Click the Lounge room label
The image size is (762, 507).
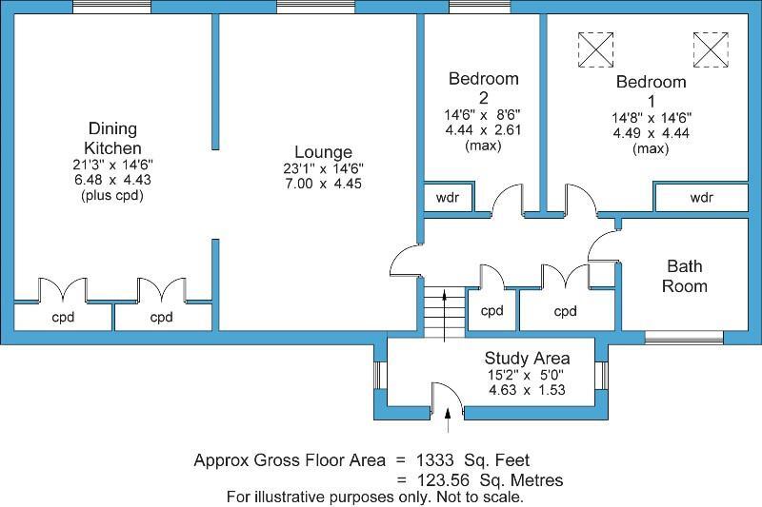click(x=323, y=152)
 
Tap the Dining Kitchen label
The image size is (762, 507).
click(x=112, y=138)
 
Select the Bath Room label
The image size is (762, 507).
click(x=684, y=276)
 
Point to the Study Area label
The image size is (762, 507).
click(x=527, y=359)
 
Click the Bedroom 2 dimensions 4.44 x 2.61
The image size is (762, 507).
click(x=483, y=130)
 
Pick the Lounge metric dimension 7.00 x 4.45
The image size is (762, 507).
click(x=323, y=184)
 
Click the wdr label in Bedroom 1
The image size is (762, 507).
click(x=701, y=198)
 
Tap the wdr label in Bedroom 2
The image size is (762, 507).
click(x=447, y=198)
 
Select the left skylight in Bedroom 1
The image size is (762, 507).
click(x=595, y=49)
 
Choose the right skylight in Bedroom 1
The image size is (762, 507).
click(x=711, y=49)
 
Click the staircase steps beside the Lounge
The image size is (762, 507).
click(x=444, y=311)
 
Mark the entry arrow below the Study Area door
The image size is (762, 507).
click(x=448, y=420)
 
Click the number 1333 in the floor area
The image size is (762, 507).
click(x=435, y=460)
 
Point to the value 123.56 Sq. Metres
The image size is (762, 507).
click(x=490, y=480)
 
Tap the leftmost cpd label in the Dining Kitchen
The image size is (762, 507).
click(x=63, y=318)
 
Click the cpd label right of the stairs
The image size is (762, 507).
click(x=491, y=311)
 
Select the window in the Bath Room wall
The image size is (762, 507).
click(x=684, y=338)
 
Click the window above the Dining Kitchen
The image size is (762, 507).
click(x=111, y=7)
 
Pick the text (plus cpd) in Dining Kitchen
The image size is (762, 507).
click(x=112, y=196)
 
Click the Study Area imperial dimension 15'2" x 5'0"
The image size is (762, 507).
click(x=527, y=375)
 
